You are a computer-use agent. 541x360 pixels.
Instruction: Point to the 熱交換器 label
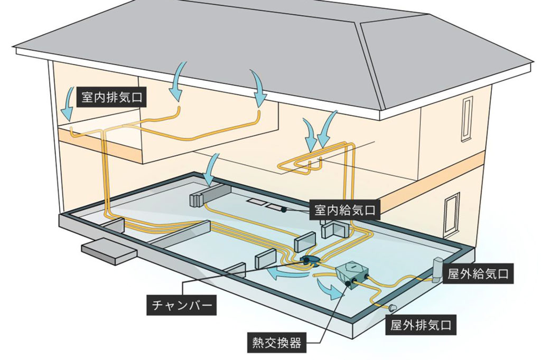pyautogui.click(x=274, y=344)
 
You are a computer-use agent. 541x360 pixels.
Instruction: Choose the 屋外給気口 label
pyautogui.click(x=478, y=274)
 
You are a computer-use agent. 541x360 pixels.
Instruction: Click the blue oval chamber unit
pyautogui.click(x=309, y=260)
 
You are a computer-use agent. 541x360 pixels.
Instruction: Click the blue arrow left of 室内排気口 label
pyautogui.click(x=67, y=106)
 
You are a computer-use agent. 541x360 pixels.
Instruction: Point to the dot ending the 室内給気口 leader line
pyautogui.click(x=284, y=210)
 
